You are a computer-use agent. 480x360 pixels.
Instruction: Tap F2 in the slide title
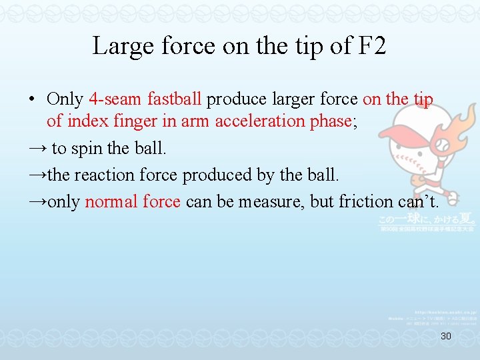pos(370,47)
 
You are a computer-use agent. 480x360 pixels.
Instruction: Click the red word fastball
pos(171,99)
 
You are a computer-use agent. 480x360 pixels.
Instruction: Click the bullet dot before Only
pos(32,100)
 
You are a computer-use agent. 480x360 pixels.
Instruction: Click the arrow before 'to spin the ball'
pos(37,148)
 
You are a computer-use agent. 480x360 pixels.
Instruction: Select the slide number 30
pos(446,336)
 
